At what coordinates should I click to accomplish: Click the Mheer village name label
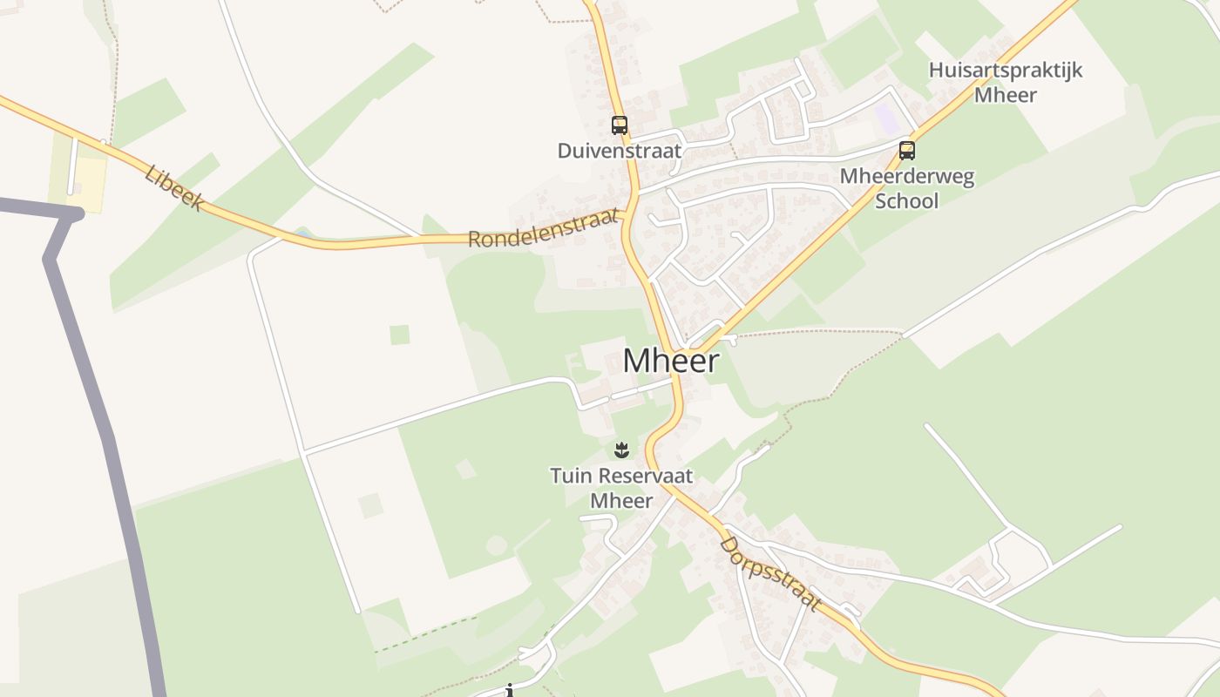coord(671,361)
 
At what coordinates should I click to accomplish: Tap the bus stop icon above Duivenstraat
coord(619,125)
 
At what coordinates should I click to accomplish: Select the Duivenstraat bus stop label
coord(619,151)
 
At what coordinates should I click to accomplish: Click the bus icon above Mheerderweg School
coord(907,151)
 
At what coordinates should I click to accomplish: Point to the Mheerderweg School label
coord(906,188)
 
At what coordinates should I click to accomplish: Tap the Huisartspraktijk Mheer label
coord(1005,82)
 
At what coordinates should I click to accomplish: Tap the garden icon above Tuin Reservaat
coord(620,450)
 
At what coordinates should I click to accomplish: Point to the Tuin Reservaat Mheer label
coord(620,488)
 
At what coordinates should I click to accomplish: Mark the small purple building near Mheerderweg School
coord(885,118)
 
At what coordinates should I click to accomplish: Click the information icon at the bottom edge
coord(510,692)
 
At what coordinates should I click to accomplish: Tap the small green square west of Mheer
coord(399,335)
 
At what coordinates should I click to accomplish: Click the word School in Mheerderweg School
coord(906,201)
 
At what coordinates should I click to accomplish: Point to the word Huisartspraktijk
coord(1005,71)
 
